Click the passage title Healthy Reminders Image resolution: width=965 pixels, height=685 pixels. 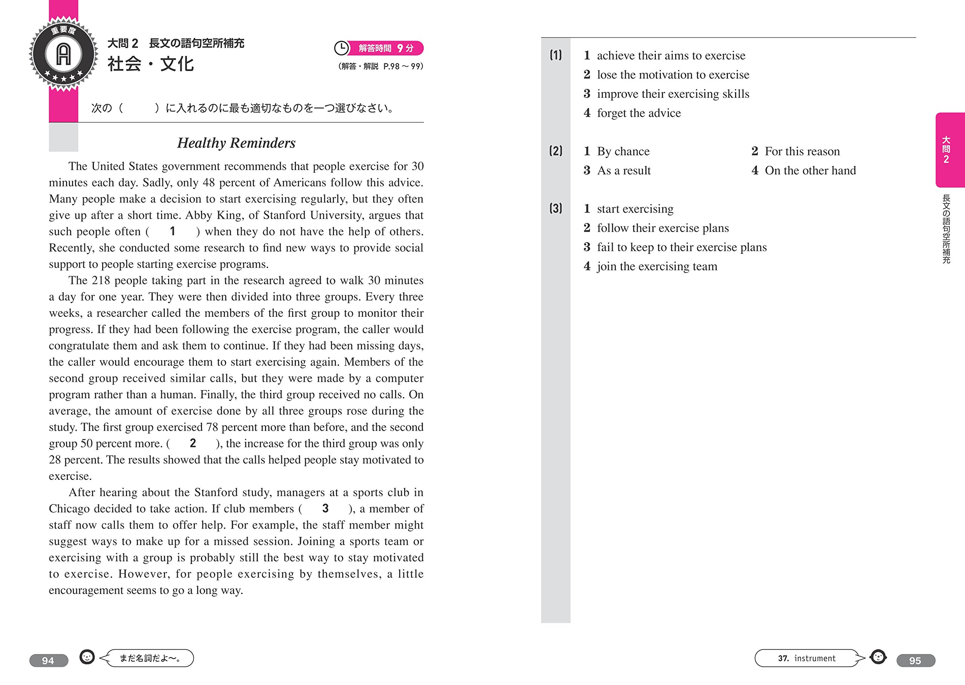point(236,143)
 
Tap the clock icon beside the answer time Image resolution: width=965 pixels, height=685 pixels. point(341,48)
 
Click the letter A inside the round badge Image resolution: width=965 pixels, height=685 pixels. point(64,54)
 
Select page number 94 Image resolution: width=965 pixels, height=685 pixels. point(49,660)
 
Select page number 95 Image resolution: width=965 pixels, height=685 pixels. point(915,660)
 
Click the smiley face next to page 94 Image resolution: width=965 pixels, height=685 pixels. point(87,657)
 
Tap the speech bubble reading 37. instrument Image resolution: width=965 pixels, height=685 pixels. point(806,658)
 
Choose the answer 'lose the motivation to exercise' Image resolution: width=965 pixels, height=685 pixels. point(673,75)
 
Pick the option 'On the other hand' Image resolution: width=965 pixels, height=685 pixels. point(810,170)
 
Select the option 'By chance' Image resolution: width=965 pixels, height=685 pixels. point(623,151)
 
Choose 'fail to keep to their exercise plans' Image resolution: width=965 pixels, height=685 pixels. point(682,247)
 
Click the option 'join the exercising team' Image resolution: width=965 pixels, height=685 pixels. point(657,266)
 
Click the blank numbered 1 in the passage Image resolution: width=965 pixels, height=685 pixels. point(172,231)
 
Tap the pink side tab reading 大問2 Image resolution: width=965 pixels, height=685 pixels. point(950,150)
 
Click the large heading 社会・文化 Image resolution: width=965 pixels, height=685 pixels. point(150,64)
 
